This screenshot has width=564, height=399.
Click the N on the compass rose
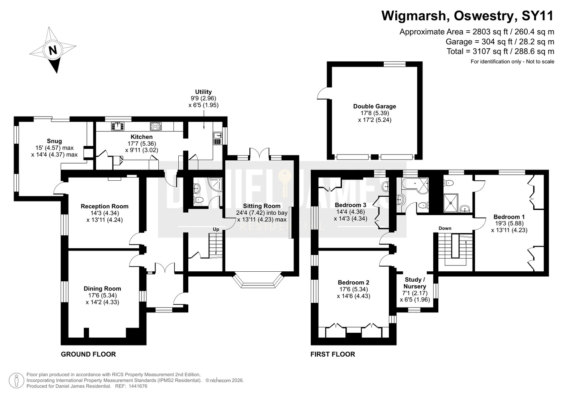click(53, 50)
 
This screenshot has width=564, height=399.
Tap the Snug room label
click(54, 141)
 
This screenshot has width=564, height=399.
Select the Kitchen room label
click(142, 137)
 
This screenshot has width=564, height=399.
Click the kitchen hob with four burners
click(156, 126)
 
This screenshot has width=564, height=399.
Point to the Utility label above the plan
click(203, 92)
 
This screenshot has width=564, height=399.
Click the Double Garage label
click(375, 106)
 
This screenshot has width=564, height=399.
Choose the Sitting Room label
click(262, 206)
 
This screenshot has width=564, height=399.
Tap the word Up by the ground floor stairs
click(216, 229)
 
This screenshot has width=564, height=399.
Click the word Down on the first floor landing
click(445, 229)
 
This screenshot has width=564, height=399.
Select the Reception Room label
click(105, 206)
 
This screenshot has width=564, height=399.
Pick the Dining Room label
click(102, 288)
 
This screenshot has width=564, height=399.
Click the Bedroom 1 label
click(509, 217)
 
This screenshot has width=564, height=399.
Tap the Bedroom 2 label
click(353, 282)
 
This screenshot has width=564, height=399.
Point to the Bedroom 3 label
click(351, 205)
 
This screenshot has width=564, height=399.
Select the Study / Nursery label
click(415, 283)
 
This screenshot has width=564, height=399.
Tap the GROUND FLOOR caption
click(89, 354)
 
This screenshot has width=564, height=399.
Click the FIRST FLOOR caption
click(333, 354)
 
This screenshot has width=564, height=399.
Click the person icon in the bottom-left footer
click(16, 380)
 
